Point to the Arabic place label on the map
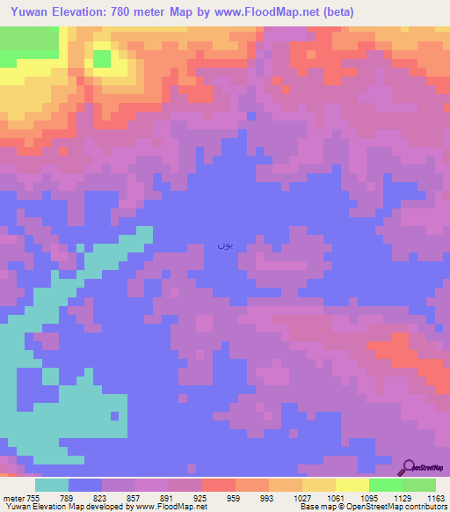point(225,245)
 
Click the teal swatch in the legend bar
point(52,485)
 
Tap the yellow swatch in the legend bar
point(352,485)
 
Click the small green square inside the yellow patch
point(102,59)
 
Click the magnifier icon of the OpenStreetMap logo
point(408,468)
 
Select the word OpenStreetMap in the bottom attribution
point(417,507)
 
